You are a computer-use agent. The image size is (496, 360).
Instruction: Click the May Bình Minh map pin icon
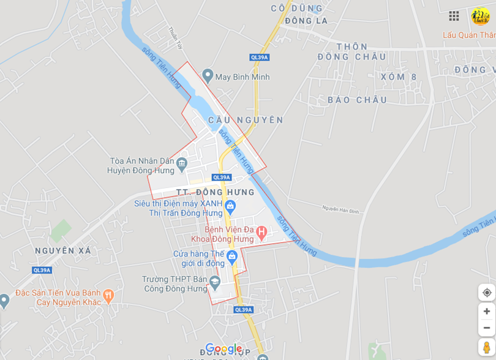pos(208,77)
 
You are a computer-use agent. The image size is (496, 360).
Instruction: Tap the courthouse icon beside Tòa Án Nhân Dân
pos(181,163)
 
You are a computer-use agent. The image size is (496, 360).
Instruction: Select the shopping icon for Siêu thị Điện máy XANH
pos(230,205)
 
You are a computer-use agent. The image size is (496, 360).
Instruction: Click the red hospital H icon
pos(261,232)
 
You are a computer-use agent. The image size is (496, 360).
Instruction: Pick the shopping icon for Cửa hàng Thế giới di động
pos(231,256)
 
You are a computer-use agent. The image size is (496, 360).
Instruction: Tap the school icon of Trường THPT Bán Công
pos(214,282)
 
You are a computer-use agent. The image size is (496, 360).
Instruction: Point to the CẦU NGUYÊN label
pos(246,120)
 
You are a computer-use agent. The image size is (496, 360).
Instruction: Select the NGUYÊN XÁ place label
pos(63,250)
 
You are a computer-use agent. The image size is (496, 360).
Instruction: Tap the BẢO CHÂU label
pos(357,100)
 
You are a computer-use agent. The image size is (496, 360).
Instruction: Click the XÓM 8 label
pos(398,77)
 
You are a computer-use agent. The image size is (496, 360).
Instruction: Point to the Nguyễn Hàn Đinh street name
pos(340,209)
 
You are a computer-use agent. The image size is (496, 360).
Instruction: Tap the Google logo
pos(224,349)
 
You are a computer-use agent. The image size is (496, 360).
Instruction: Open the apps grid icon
pos(454,16)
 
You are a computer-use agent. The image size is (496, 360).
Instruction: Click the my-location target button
pos(487,293)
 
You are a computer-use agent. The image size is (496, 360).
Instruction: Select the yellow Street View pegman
pos(487,347)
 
